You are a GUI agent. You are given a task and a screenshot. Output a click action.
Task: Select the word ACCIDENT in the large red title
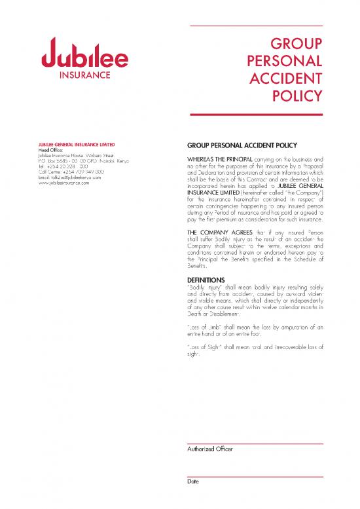286,79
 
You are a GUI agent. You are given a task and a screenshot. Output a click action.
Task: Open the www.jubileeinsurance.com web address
67,182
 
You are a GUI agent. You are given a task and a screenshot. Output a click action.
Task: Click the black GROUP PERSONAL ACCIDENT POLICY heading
242,145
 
